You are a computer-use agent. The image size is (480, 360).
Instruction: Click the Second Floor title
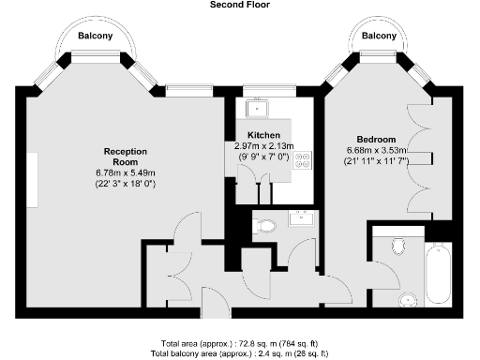click(x=240, y=5)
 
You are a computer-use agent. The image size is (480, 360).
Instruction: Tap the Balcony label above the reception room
click(x=95, y=36)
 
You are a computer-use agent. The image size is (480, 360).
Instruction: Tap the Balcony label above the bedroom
click(x=378, y=36)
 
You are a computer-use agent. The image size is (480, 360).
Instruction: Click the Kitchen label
click(x=264, y=135)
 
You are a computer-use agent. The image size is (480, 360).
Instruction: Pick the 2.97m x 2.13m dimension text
click(x=264, y=146)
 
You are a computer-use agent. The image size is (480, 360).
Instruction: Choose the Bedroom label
click(x=376, y=139)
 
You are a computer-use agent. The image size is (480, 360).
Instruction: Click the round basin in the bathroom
click(x=407, y=300)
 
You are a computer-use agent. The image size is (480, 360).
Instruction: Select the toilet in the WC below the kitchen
click(x=266, y=225)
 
